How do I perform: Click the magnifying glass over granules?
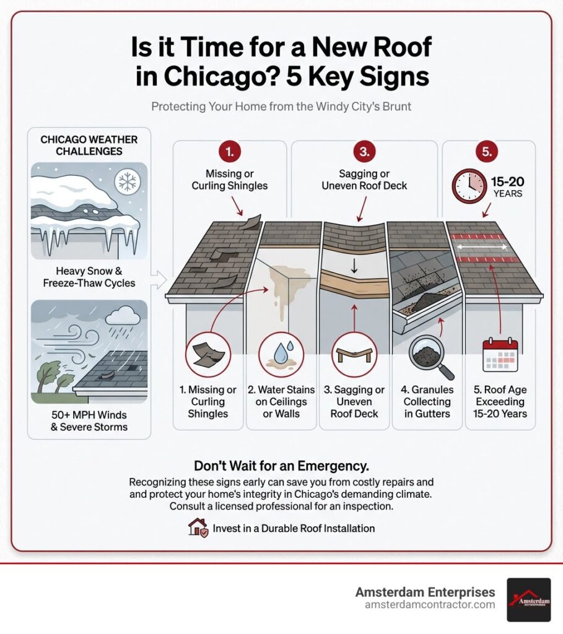point(427,358)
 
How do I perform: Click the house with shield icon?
point(198,528)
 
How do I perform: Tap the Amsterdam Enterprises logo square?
point(528,599)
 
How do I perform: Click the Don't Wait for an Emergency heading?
point(281,465)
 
